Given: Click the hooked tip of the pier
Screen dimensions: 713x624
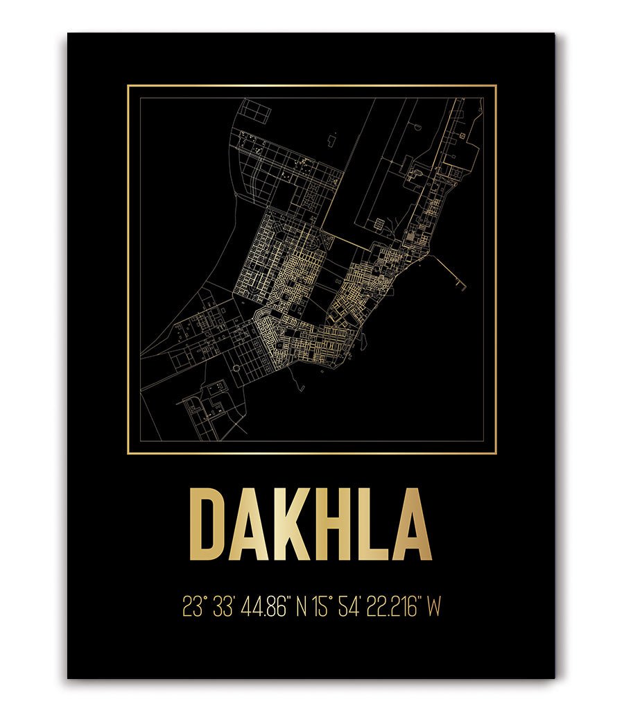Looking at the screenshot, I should coord(462,286).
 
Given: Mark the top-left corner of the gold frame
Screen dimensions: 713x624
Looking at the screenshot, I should coord(128,86).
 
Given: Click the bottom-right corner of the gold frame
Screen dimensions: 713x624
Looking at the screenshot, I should coord(496,454).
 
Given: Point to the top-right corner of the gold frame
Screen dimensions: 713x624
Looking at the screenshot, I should coord(496,86).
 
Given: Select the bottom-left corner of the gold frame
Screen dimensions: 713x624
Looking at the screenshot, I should coord(128,454).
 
